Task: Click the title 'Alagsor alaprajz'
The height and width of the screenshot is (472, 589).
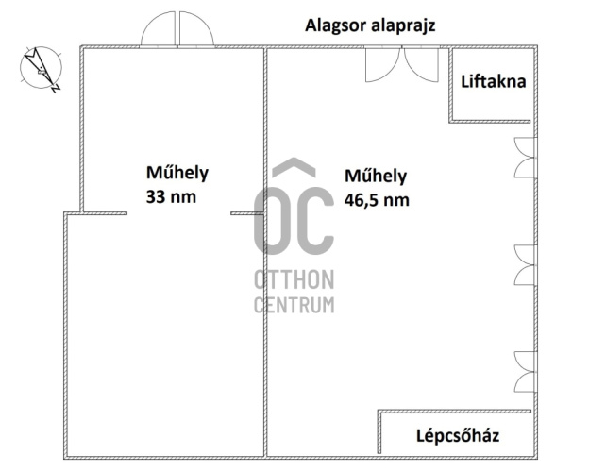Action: point(370,25)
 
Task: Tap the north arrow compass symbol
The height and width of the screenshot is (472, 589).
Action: point(41,69)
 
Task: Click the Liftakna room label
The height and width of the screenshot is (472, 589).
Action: point(494,81)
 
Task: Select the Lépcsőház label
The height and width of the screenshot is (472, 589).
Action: point(458,436)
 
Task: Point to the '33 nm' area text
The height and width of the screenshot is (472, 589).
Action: point(171,196)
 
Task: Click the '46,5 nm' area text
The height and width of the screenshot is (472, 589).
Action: point(377,200)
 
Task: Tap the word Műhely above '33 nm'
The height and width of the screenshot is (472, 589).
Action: point(177,173)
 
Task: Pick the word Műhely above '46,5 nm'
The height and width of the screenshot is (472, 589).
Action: point(376,176)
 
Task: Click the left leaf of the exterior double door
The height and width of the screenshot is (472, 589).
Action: point(159,29)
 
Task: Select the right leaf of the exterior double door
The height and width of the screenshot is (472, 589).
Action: point(196,29)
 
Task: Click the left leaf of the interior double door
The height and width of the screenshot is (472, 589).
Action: point(382,64)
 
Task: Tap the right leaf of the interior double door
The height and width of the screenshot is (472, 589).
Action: point(421,64)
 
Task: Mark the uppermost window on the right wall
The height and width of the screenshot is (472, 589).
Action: point(525,158)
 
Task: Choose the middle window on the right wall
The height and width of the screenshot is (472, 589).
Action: point(525,265)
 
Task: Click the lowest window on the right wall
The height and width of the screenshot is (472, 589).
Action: point(525,372)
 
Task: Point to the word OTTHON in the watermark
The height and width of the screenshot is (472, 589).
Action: point(294,280)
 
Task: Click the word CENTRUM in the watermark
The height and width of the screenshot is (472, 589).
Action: point(294,305)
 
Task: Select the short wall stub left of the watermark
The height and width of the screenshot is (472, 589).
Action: point(247,213)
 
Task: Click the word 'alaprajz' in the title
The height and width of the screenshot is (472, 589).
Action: point(403,26)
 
